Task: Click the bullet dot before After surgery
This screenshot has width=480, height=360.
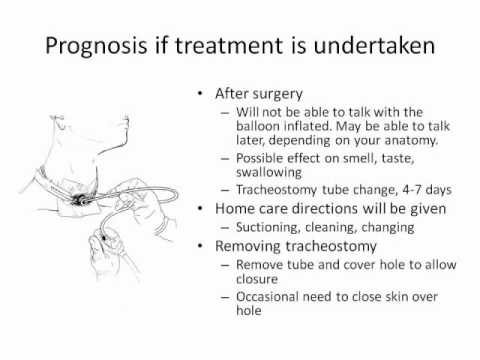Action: [x=203, y=93]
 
